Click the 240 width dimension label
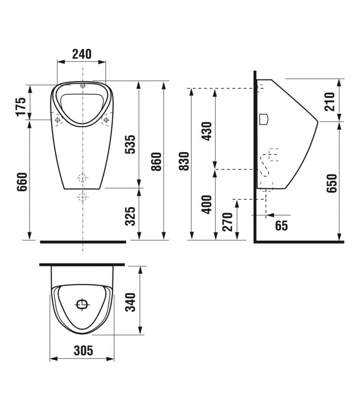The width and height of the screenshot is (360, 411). point(82,54)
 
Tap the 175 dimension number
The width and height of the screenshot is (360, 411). point(21,107)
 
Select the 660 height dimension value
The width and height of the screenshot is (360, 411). point(22,182)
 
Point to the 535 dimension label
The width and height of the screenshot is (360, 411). point(130,144)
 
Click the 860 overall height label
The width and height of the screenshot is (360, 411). point(157,162)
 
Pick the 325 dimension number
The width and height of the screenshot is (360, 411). point(130,216)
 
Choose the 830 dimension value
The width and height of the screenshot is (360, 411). point(184,161)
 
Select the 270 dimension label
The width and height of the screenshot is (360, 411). point(228,222)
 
